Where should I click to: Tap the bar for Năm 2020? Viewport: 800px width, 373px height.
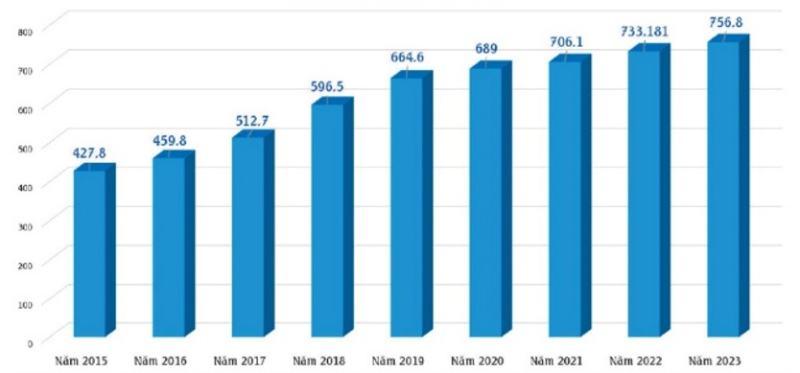pos(490,199)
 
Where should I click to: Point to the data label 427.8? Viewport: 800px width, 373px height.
pos(89,153)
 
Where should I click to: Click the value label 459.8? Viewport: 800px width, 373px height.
pos(170,140)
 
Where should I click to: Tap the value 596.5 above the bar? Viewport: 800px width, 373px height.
pos(327,86)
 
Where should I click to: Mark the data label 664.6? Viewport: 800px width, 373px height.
pos(407,58)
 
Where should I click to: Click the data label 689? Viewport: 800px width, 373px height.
pos(487,50)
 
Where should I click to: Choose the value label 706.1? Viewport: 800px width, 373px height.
pos(566,42)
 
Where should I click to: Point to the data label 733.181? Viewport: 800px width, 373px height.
pos(644,33)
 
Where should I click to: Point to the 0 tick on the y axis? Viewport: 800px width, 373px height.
pos(30,343)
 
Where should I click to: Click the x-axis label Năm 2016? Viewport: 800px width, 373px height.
pos(160,361)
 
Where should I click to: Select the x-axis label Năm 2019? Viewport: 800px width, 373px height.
pos(398,361)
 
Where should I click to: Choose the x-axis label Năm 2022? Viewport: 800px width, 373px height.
pos(636,361)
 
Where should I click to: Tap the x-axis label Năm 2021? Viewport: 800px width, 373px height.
pos(556,361)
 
